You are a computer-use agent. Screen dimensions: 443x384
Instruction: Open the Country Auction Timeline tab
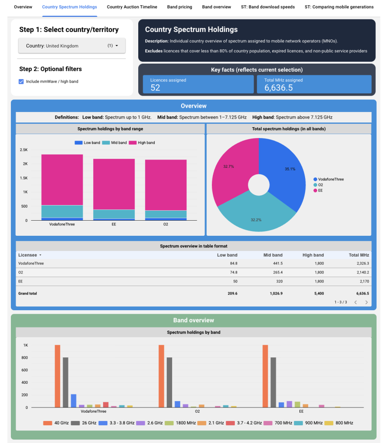[x=132, y=7]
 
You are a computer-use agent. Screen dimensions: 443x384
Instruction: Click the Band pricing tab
[x=179, y=7]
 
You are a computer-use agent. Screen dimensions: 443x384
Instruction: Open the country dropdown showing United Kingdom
[x=72, y=46]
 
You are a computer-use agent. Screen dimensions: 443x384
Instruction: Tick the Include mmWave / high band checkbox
[x=21, y=81]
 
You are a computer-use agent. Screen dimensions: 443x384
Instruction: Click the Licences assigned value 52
[x=155, y=88]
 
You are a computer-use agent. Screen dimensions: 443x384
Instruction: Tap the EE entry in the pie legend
[x=320, y=190]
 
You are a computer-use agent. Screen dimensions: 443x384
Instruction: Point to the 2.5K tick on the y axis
[x=23, y=150]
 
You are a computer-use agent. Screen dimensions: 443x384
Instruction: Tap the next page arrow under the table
[x=366, y=302]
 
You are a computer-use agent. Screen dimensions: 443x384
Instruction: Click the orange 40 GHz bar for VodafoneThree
[x=57, y=376]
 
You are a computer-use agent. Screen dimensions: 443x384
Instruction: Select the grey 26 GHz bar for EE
[x=273, y=382]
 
